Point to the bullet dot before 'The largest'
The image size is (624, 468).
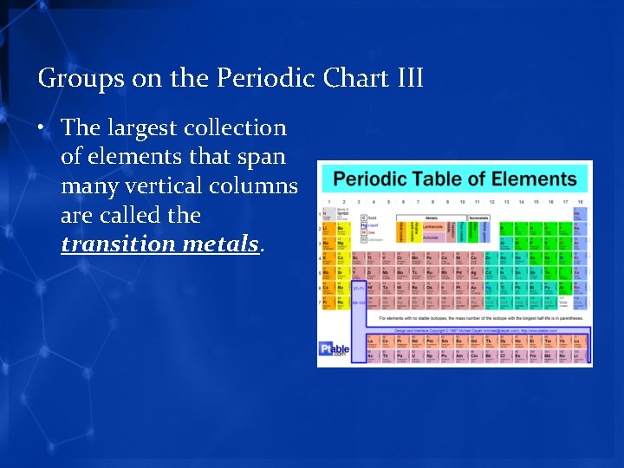[42, 129]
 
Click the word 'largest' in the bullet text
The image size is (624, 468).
[143, 128]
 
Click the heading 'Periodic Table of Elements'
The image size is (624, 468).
[455, 180]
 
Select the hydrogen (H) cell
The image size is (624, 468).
[328, 214]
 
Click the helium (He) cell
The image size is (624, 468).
[580, 214]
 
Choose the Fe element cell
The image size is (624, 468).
[431, 258]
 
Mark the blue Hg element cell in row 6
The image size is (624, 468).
[491, 288]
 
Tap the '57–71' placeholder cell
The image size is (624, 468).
[357, 288]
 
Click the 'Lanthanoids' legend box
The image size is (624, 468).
[432, 227]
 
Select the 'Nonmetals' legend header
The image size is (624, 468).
[479, 218]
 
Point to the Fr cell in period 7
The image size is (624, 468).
[328, 302]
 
